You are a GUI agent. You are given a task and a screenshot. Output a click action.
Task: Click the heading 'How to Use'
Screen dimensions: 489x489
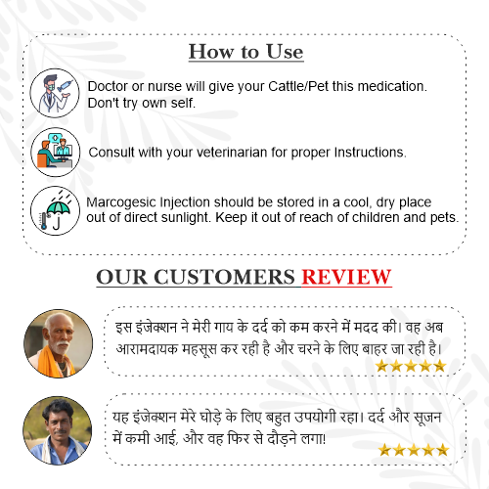tap(246, 52)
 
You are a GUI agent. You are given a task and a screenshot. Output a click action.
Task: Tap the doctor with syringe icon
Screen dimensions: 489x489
tap(55, 93)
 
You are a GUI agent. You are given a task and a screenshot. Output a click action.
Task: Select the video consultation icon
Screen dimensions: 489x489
tap(56, 153)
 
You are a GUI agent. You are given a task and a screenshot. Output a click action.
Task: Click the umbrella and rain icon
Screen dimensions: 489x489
tap(56, 211)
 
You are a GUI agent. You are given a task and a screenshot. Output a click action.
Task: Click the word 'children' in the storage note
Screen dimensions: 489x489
tap(376, 217)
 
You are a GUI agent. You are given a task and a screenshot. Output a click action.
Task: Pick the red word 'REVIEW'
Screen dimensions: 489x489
tap(346, 277)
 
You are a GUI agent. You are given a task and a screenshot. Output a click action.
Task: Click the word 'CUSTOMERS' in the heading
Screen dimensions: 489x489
tap(225, 277)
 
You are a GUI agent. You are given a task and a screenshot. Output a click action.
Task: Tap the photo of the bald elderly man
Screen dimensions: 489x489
tap(59, 343)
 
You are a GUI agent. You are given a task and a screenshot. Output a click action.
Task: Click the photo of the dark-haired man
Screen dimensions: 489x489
tap(58, 430)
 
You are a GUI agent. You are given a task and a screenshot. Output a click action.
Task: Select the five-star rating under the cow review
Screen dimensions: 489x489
tap(411, 366)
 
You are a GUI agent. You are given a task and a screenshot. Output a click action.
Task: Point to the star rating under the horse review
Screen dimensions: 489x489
tap(414, 450)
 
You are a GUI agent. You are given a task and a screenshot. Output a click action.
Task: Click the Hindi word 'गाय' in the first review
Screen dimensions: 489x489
tap(224, 328)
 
